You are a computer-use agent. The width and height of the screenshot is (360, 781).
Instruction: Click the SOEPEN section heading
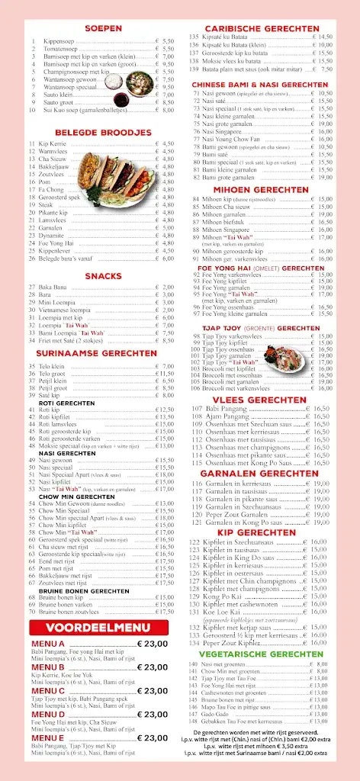pyautogui.click(x=103, y=28)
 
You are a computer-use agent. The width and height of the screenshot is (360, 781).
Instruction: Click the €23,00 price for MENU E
pyautogui.click(x=153, y=738)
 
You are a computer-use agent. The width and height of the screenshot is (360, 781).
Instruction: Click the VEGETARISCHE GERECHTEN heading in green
pyautogui.click(x=256, y=654)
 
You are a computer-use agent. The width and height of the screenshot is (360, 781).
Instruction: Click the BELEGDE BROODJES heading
pyautogui.click(x=103, y=132)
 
